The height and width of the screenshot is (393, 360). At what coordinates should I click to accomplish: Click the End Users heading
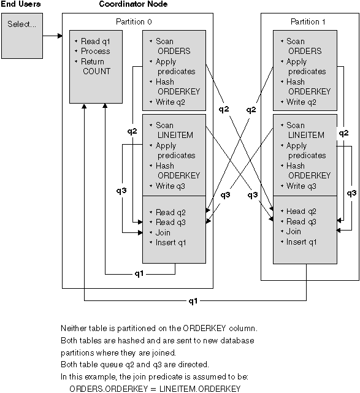pyautogui.click(x=20, y=5)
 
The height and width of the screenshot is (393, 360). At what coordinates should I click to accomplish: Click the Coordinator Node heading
pyautogui.click(x=132, y=5)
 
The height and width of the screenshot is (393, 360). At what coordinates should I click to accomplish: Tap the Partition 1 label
pyautogui.click(x=307, y=22)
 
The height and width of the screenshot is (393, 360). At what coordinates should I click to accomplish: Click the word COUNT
pyautogui.click(x=97, y=71)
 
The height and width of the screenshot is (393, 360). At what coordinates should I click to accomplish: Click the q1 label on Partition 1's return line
pyautogui.click(x=194, y=302)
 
